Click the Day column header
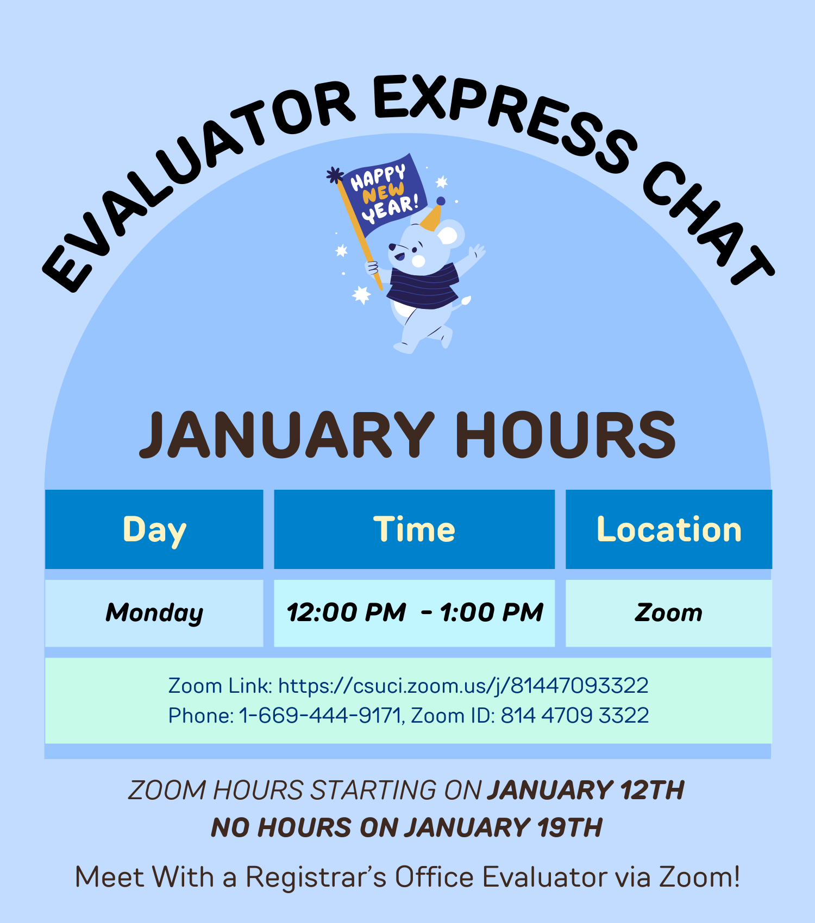(154, 530)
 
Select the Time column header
(414, 530)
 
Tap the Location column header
(669, 530)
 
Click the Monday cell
(154, 613)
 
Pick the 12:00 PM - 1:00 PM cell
(414, 613)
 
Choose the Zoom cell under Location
(669, 613)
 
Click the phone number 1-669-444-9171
(320, 716)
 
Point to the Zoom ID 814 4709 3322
(574, 716)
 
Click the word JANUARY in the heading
(287, 435)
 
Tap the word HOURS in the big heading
(565, 435)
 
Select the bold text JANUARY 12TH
(585, 790)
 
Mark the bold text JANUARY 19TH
(503, 828)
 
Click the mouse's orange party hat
(431, 218)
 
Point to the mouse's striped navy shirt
(423, 286)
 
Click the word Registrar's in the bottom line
(316, 877)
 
